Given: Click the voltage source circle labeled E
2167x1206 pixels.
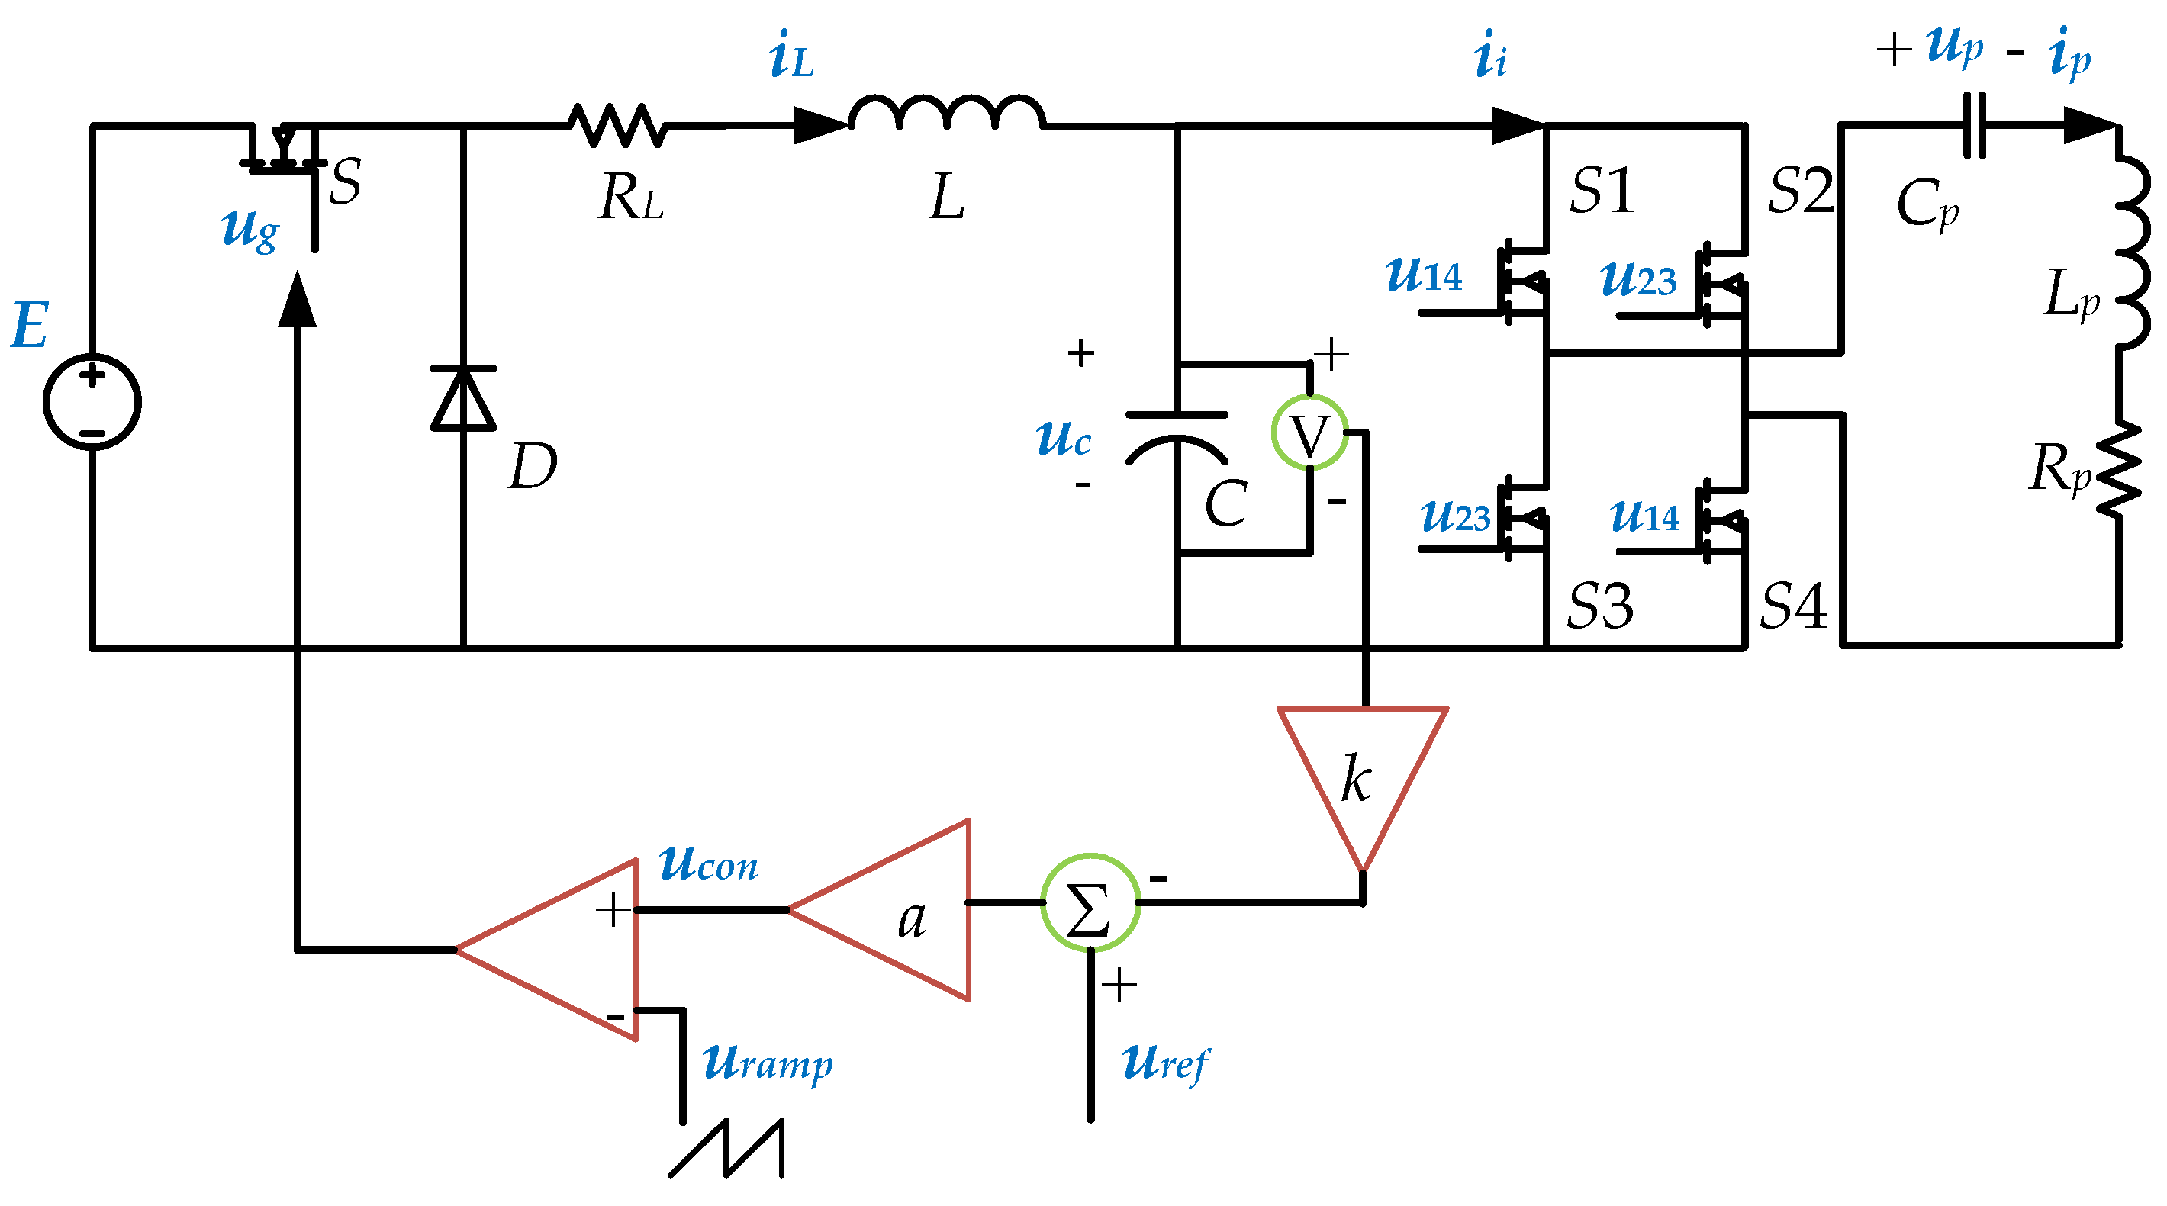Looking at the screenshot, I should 92,402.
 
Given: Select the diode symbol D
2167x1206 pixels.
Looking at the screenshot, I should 463,399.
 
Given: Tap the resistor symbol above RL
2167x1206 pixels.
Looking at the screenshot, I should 618,126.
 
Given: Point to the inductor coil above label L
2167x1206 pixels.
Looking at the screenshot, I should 946,114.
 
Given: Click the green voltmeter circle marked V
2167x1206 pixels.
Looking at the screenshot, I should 1309,433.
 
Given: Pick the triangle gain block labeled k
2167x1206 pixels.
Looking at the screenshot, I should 1361,773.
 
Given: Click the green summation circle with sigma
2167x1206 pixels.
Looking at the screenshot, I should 1090,902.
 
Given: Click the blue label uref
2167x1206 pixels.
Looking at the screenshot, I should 1165,1064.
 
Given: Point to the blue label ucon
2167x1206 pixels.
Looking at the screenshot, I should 708,864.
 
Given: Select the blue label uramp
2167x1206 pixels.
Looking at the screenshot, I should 767,1064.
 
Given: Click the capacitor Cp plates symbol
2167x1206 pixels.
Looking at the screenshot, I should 1973,126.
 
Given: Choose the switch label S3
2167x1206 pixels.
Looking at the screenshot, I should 1599,606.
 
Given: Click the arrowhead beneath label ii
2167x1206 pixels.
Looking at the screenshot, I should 1518,126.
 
